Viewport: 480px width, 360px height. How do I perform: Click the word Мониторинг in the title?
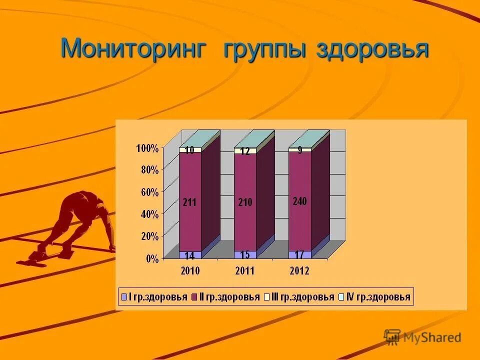pyautogui.click(x=133, y=49)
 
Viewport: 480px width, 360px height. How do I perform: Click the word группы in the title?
pyautogui.click(x=264, y=50)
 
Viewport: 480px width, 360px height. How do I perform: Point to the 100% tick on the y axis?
pyautogui.click(x=147, y=148)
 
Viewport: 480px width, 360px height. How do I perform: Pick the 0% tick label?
pyautogui.click(x=152, y=258)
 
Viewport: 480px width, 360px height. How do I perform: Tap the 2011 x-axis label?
pyautogui.click(x=244, y=271)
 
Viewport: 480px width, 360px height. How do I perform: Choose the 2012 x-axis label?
pyautogui.click(x=299, y=271)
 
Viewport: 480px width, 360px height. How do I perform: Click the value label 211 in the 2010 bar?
pyautogui.click(x=189, y=202)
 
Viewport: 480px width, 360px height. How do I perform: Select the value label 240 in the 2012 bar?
pyautogui.click(x=299, y=201)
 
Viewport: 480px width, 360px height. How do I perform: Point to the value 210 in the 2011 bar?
pyautogui.click(x=245, y=202)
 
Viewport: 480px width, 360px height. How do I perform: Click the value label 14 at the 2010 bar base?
pyautogui.click(x=189, y=255)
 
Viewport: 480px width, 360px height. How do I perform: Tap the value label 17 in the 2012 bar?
pyautogui.click(x=299, y=254)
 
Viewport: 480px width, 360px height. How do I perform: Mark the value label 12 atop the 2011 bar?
pyautogui.click(x=245, y=151)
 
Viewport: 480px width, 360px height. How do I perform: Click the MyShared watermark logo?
pyautogui.click(x=422, y=337)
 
